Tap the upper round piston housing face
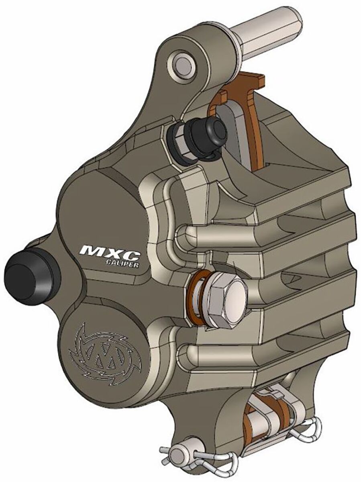100,209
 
